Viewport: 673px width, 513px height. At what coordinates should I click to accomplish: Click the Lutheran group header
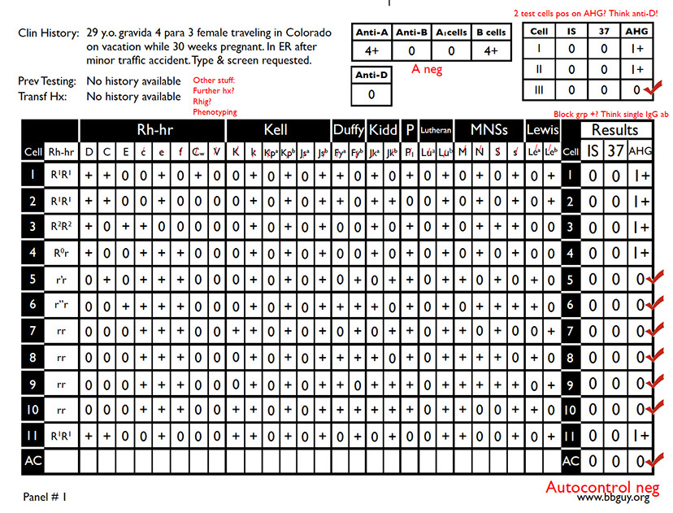[x=436, y=131]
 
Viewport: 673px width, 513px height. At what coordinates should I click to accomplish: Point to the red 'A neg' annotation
[x=427, y=70]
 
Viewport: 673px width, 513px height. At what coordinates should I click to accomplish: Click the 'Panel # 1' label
[x=45, y=495]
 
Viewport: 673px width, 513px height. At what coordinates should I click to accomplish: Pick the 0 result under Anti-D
[x=371, y=93]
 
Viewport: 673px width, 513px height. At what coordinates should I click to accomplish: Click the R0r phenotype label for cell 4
[x=59, y=253]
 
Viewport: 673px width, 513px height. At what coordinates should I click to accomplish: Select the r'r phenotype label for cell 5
[x=59, y=279]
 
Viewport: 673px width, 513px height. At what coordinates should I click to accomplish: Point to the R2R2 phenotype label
[x=59, y=227]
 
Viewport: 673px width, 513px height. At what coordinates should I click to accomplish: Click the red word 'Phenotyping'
[x=215, y=111]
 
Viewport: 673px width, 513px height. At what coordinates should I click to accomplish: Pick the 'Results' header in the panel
[x=615, y=130]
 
